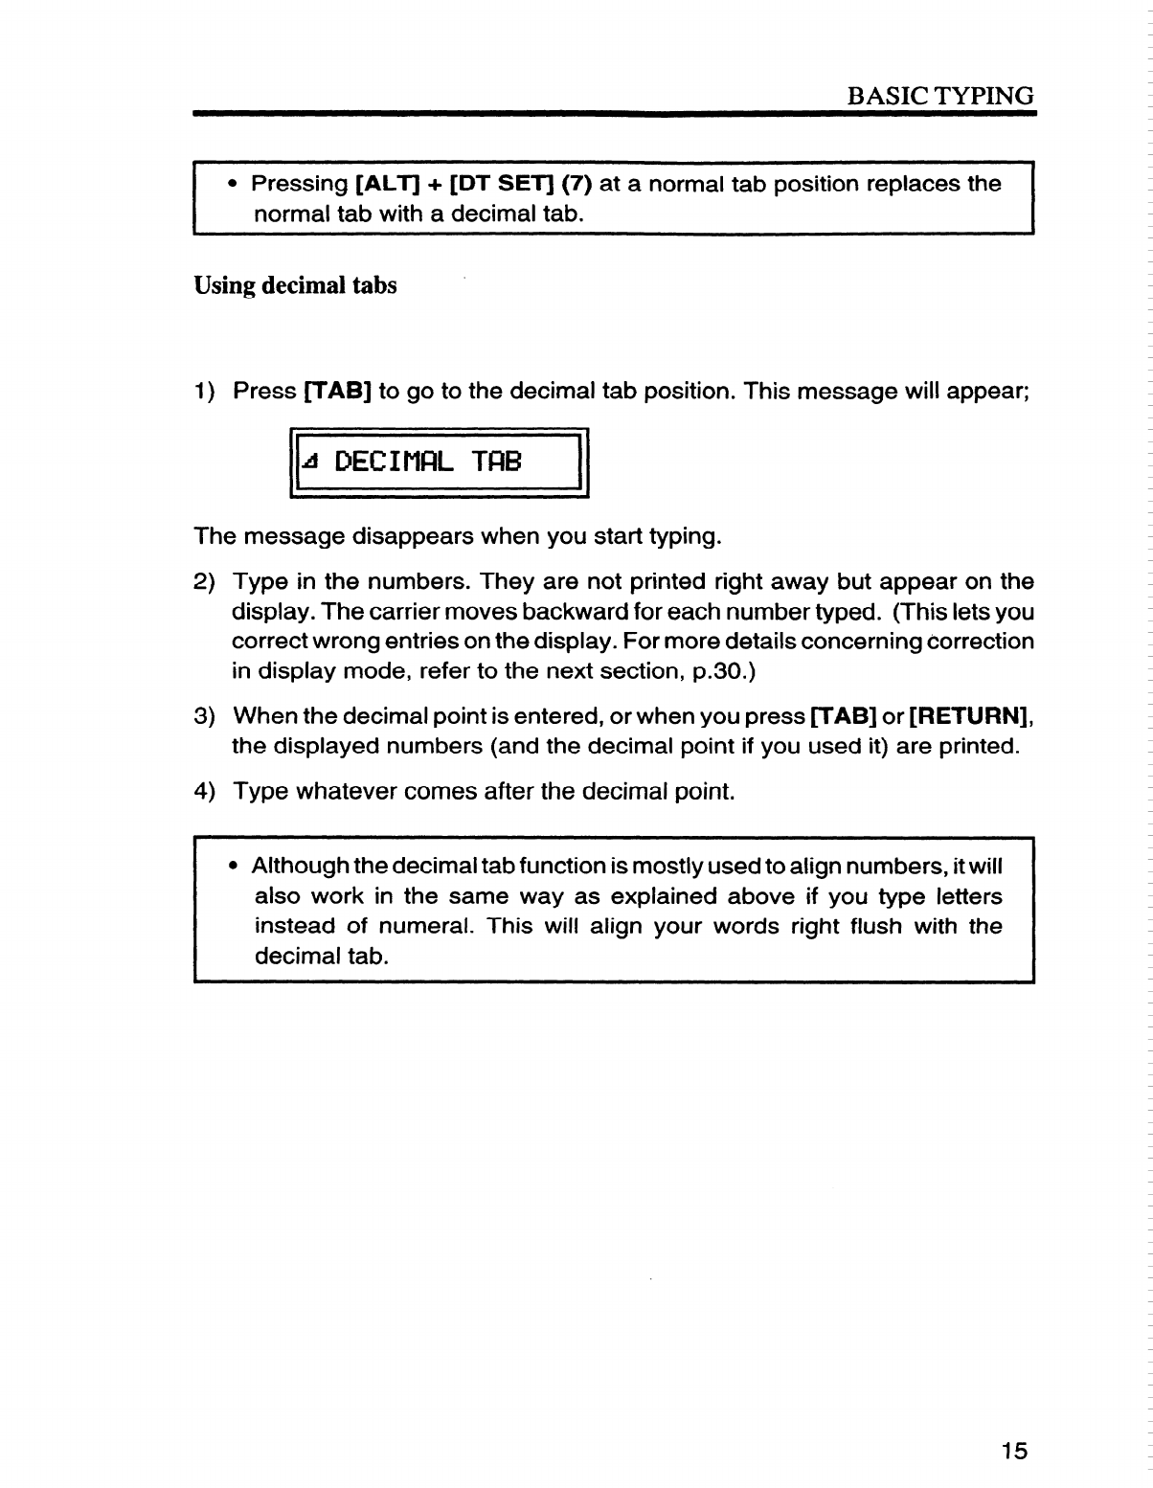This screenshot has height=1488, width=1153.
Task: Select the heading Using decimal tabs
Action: [x=295, y=285]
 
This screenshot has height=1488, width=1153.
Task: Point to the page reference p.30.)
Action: [x=723, y=670]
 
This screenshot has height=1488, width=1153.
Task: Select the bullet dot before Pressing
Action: [x=233, y=184]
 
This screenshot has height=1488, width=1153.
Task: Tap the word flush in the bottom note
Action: [x=864, y=927]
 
